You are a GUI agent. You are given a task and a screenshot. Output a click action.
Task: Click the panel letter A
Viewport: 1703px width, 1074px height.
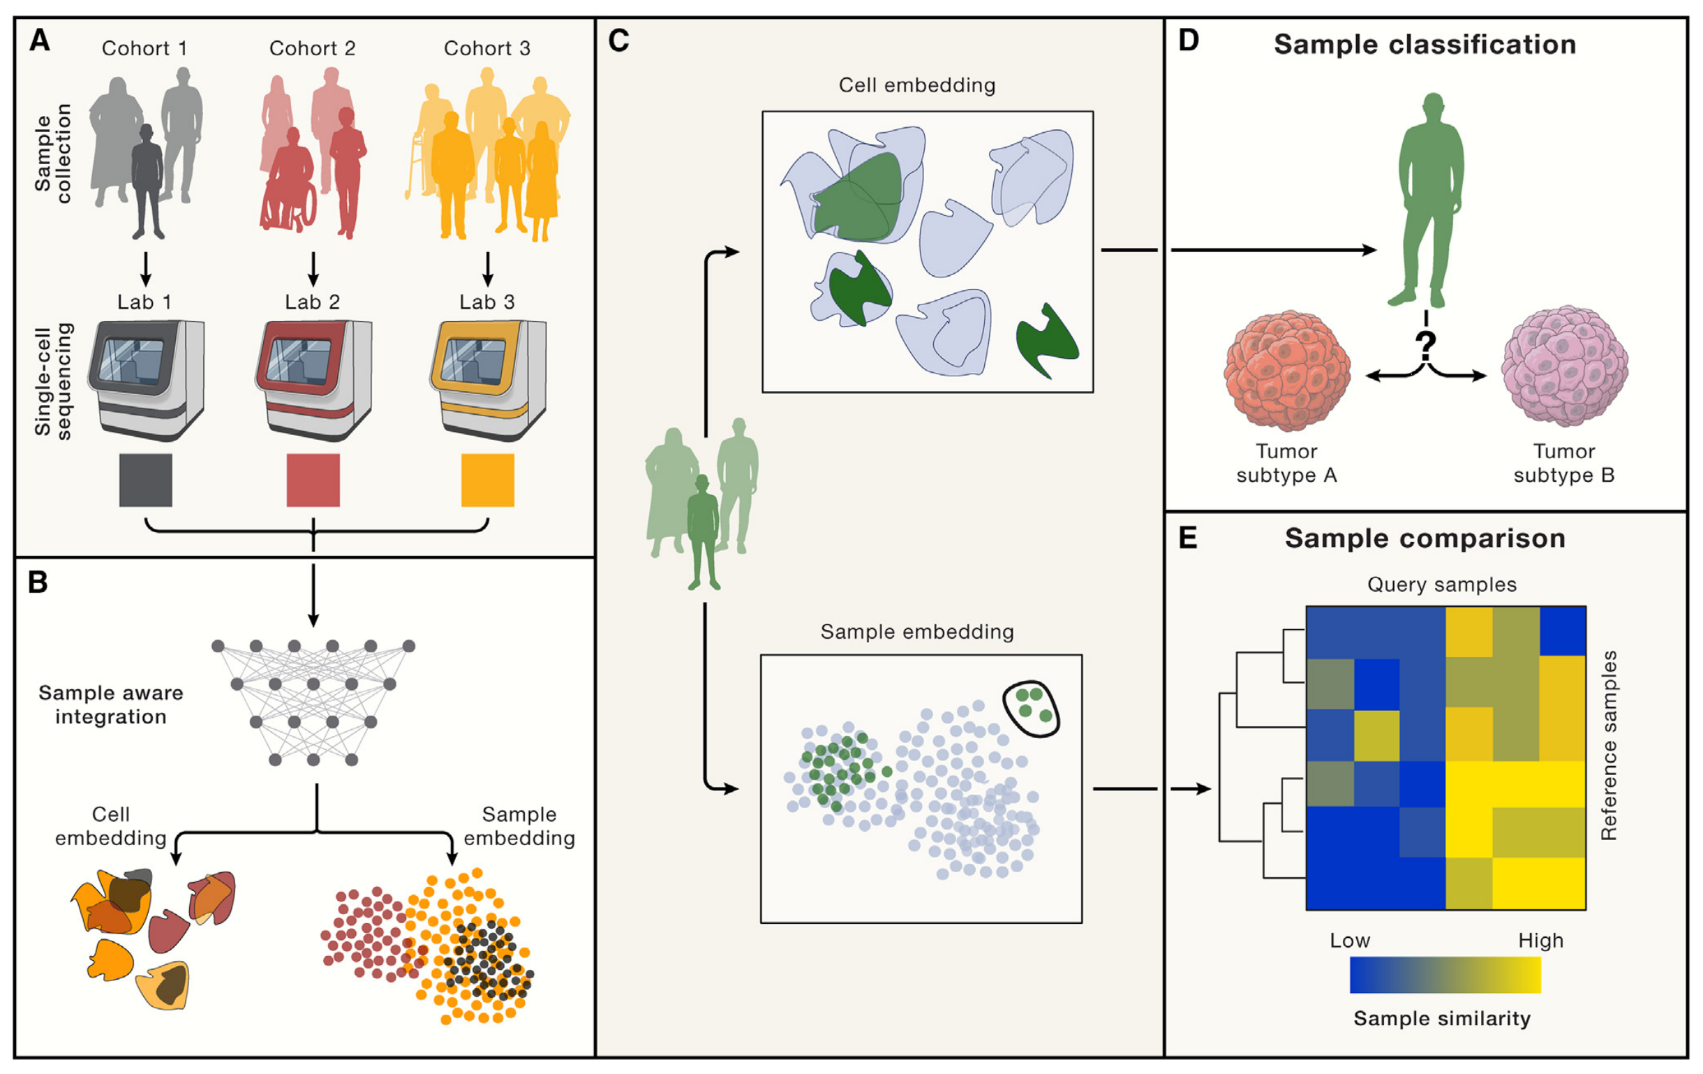tap(40, 41)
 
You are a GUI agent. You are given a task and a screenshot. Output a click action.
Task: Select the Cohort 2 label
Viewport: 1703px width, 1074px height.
tap(312, 48)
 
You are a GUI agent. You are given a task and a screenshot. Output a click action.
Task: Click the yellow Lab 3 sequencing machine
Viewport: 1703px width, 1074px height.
tap(487, 378)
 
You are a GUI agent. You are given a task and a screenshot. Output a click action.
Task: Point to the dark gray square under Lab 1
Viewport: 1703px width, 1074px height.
tap(146, 480)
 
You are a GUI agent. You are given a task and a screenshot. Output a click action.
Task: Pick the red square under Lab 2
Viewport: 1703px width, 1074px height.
tap(313, 480)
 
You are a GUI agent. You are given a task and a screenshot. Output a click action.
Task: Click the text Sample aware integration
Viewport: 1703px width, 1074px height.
tap(111, 704)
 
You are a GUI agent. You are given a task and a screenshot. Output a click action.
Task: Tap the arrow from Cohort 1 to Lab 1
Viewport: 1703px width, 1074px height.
tap(146, 269)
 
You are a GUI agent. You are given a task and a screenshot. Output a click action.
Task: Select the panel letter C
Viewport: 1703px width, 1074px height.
tap(618, 41)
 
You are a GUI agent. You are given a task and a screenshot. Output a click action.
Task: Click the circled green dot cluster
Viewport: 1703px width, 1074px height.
tap(1032, 709)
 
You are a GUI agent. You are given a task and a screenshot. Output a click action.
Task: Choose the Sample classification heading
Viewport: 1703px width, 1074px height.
tap(1425, 44)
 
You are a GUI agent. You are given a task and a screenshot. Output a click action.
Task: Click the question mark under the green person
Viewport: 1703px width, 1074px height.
tap(1426, 344)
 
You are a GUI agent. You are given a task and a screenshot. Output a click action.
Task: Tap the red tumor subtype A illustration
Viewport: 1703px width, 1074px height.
tap(1287, 371)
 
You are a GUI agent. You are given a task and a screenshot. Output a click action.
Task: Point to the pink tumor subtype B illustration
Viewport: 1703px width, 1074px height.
tap(1564, 366)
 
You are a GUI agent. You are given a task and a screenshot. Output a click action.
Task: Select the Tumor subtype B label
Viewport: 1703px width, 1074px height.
tap(1563, 463)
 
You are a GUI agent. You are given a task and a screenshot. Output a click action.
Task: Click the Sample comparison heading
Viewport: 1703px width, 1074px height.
tap(1425, 538)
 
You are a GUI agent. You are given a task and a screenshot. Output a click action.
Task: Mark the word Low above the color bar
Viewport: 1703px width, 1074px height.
tap(1349, 941)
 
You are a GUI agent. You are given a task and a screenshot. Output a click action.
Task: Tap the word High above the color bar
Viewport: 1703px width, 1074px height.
tap(1540, 941)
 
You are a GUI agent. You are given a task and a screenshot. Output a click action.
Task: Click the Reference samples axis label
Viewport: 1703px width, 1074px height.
tap(1609, 745)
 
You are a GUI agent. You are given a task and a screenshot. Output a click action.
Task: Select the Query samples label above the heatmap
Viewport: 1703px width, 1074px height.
tap(1441, 584)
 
